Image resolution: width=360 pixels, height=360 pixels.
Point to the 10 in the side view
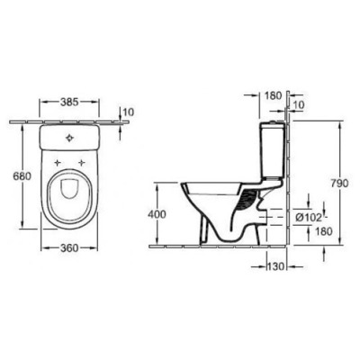click(298, 107)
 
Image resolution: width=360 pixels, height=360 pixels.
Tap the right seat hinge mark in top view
click(81, 164)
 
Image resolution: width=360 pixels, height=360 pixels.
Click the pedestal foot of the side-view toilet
click(216, 236)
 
